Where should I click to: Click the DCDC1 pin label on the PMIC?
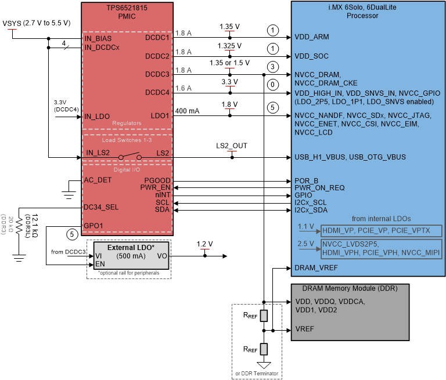pyautogui.click(x=157, y=37)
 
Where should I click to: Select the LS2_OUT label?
pyautogui.click(x=231, y=146)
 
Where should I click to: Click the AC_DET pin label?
pyautogui.click(x=97, y=180)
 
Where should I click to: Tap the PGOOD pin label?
pyautogui.click(x=158, y=180)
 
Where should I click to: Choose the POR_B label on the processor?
pyautogui.click(x=308, y=180)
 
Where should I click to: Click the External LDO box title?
pyautogui.click(x=131, y=247)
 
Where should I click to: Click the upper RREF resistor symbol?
pyautogui.click(x=264, y=316)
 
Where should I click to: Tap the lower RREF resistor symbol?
pyautogui.click(x=264, y=349)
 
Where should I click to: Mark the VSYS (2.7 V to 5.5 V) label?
pyautogui.click(x=37, y=23)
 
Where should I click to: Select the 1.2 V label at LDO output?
pyautogui.click(x=204, y=244)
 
